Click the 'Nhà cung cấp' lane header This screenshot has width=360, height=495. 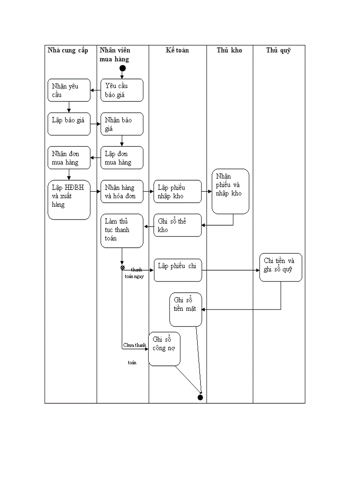coord(68,50)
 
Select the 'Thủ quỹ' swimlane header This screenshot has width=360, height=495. coord(278,50)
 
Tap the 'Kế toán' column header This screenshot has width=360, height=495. coord(177,50)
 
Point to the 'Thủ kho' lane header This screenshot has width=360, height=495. coord(229,50)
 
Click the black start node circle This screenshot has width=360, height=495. coord(123,68)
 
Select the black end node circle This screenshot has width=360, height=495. coord(200,398)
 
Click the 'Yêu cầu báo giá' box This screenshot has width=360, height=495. coord(122,90)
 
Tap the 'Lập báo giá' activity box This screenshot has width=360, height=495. coord(69,124)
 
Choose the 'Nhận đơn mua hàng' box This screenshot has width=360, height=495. coord(69,158)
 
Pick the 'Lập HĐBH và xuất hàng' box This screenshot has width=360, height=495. coord(69,200)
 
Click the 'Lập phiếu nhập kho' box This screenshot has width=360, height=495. coord(178,191)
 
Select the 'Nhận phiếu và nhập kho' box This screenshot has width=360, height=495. coord(230,191)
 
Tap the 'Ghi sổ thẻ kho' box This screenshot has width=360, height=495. coord(178,225)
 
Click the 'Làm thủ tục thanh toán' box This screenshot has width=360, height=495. coord(122,231)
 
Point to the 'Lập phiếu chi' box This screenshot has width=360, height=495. coord(178,270)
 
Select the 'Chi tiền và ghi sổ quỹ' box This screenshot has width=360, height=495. coord(281,267)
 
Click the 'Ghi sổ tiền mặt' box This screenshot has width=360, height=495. coord(186,309)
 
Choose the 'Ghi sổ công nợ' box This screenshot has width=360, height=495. coord(164,349)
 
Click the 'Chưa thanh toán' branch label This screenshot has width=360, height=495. coord(134,345)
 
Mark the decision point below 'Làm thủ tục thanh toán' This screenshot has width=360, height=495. coord(123,268)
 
